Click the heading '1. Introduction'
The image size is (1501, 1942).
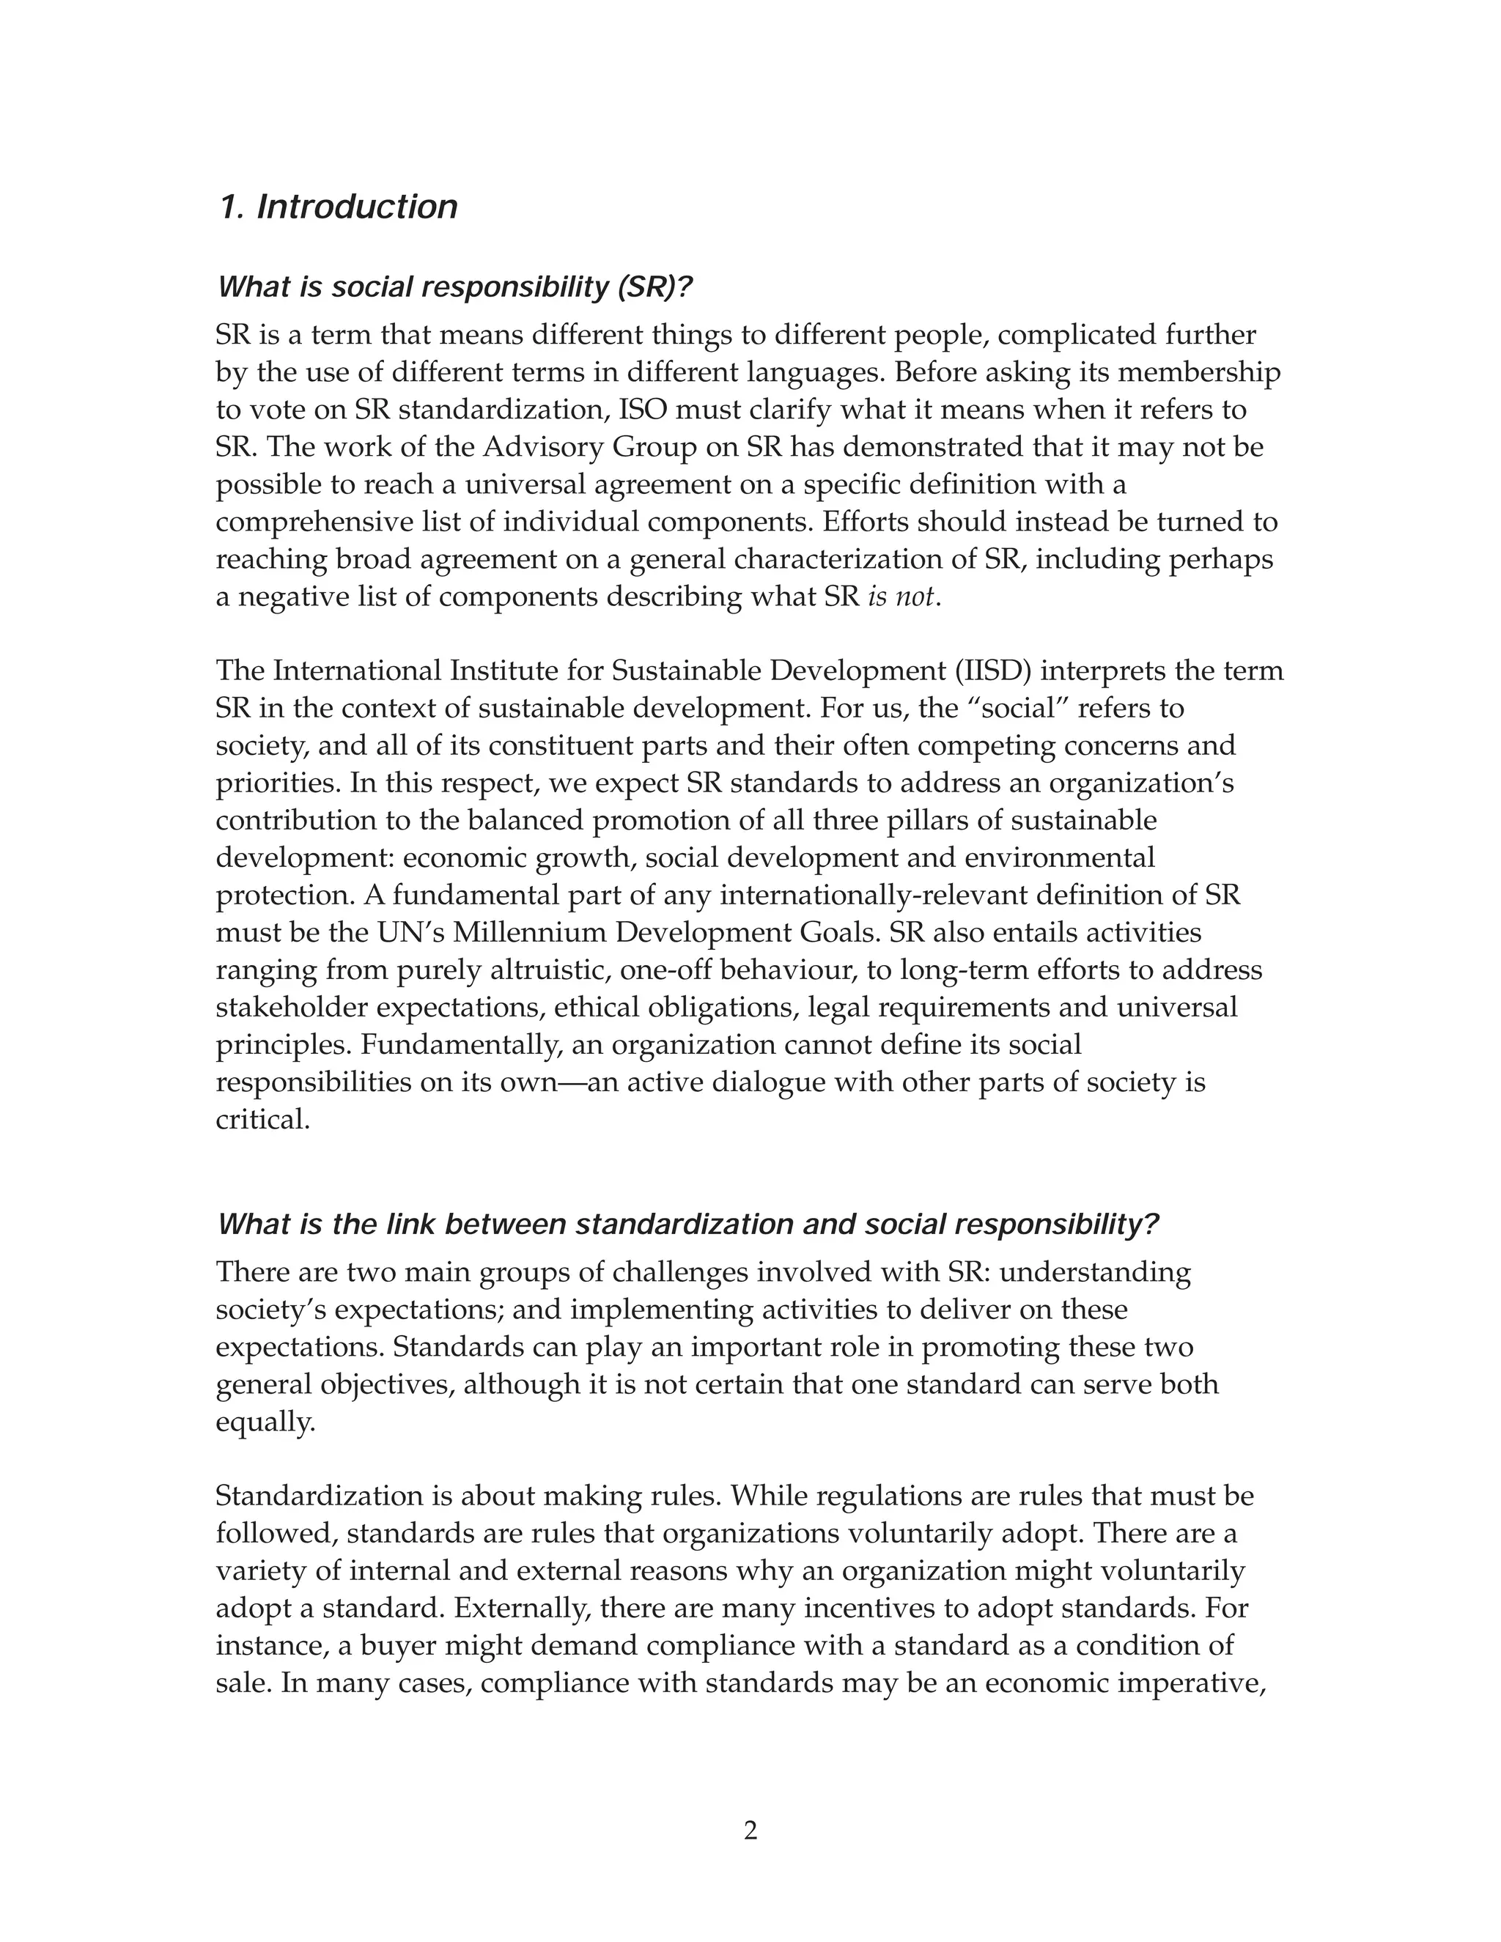pyautogui.click(x=338, y=207)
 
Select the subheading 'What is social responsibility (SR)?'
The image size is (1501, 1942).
pyautogui.click(x=454, y=287)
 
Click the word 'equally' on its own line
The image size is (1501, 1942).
pyautogui.click(x=263, y=1422)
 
